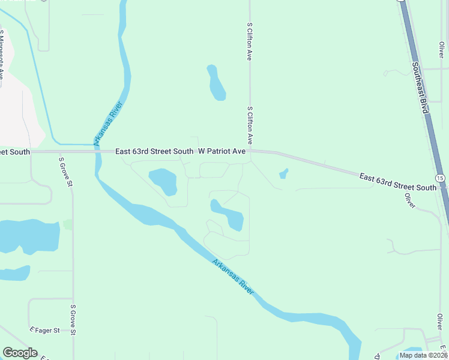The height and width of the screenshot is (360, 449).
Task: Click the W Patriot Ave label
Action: pyautogui.click(x=222, y=152)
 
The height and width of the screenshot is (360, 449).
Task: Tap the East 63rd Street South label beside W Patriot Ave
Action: pyautogui.click(x=154, y=152)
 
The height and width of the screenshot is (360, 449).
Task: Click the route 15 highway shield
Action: pyautogui.click(x=441, y=179)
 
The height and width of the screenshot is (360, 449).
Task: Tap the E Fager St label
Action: pyautogui.click(x=45, y=330)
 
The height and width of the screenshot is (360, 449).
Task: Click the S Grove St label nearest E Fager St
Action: pyautogui.click(x=73, y=319)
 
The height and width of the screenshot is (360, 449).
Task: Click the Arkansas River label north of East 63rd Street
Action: pyautogui.click(x=109, y=124)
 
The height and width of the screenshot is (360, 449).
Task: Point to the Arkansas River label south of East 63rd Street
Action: pyautogui.click(x=233, y=276)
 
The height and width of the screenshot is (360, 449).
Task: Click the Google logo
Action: pyautogui.click(x=20, y=353)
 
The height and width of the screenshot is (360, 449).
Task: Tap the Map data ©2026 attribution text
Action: pyautogui.click(x=423, y=355)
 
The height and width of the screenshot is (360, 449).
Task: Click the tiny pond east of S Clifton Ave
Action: pyautogui.click(x=283, y=174)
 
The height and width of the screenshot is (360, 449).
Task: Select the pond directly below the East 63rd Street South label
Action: pyautogui.click(x=163, y=181)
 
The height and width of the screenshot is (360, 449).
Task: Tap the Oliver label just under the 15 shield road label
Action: pyautogui.click(x=411, y=200)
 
